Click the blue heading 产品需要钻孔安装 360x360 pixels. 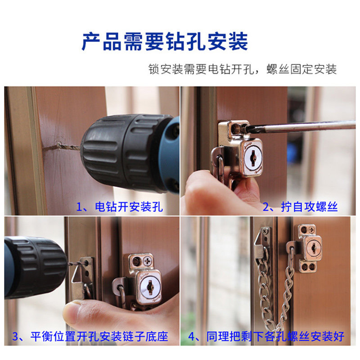[x=165, y=41]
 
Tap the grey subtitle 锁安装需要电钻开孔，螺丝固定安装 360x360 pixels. [x=243, y=69]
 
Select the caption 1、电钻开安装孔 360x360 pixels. [x=120, y=207]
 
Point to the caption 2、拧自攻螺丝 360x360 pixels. [x=300, y=207]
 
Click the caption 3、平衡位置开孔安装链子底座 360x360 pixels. [x=90, y=336]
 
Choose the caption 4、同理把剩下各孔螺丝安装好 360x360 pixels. [x=266, y=336]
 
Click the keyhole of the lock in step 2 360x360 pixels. [x=253, y=158]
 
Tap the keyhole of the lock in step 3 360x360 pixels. [x=150, y=287]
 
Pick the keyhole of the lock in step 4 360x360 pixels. [x=313, y=248]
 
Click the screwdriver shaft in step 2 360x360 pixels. [x=301, y=127]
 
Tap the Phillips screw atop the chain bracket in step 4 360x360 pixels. [x=266, y=231]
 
